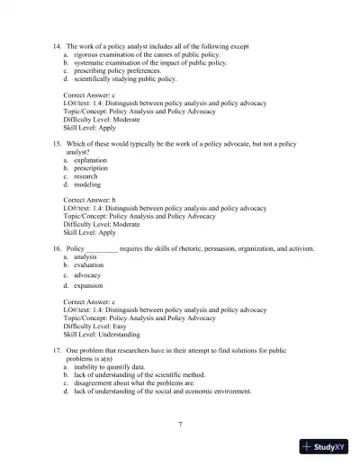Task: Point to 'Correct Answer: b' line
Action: click(x=89, y=200)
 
